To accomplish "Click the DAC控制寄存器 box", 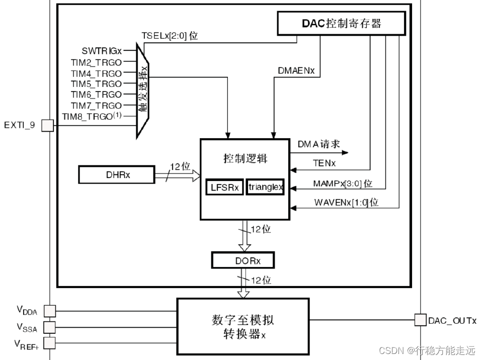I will point(341,23).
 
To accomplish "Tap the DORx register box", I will point(243,260).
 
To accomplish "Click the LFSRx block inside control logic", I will point(224,188).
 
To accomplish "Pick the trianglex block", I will point(265,188).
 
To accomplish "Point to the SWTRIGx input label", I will point(102,51).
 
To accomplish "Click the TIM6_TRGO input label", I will point(96,95).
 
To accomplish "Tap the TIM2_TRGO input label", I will point(96,62).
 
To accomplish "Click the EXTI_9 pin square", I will point(47,125).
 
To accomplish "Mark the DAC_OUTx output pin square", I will point(420,319).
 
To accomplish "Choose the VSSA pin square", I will point(50,327).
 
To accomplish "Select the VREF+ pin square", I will point(50,343).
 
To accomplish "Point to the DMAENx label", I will point(296,71).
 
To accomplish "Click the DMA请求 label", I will point(318,144).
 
